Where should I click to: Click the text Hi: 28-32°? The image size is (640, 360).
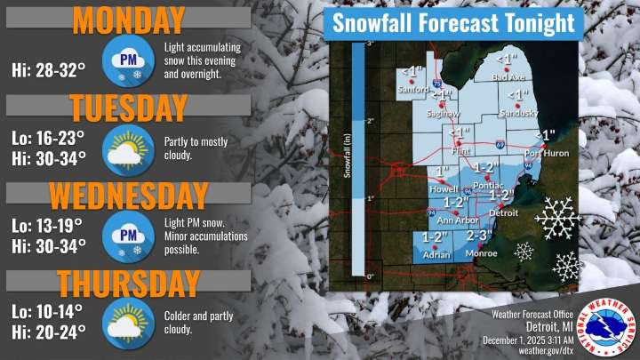point(48,68)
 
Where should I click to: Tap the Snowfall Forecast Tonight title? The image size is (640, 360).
point(453,24)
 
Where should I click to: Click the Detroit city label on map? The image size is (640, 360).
point(504,214)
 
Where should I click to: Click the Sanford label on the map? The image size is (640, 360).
point(411,89)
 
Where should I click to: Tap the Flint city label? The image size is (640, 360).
point(460,152)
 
